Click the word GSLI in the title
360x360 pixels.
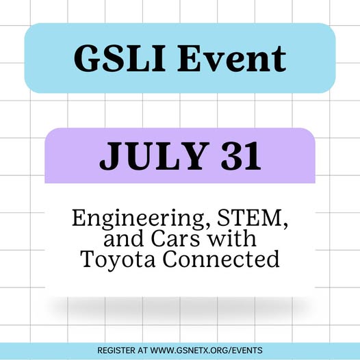[x=119, y=58]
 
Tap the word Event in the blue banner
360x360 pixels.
[x=231, y=58]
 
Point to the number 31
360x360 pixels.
[x=241, y=156]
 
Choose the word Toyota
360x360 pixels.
[x=118, y=259]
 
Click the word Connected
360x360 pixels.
[x=221, y=259]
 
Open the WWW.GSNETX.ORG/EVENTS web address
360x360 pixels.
[x=206, y=350]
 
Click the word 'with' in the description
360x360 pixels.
[x=231, y=238]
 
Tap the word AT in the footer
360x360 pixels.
[x=143, y=350]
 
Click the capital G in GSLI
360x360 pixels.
[x=86, y=58]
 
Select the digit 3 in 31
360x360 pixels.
[x=231, y=156]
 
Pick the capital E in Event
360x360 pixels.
[x=190, y=58]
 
